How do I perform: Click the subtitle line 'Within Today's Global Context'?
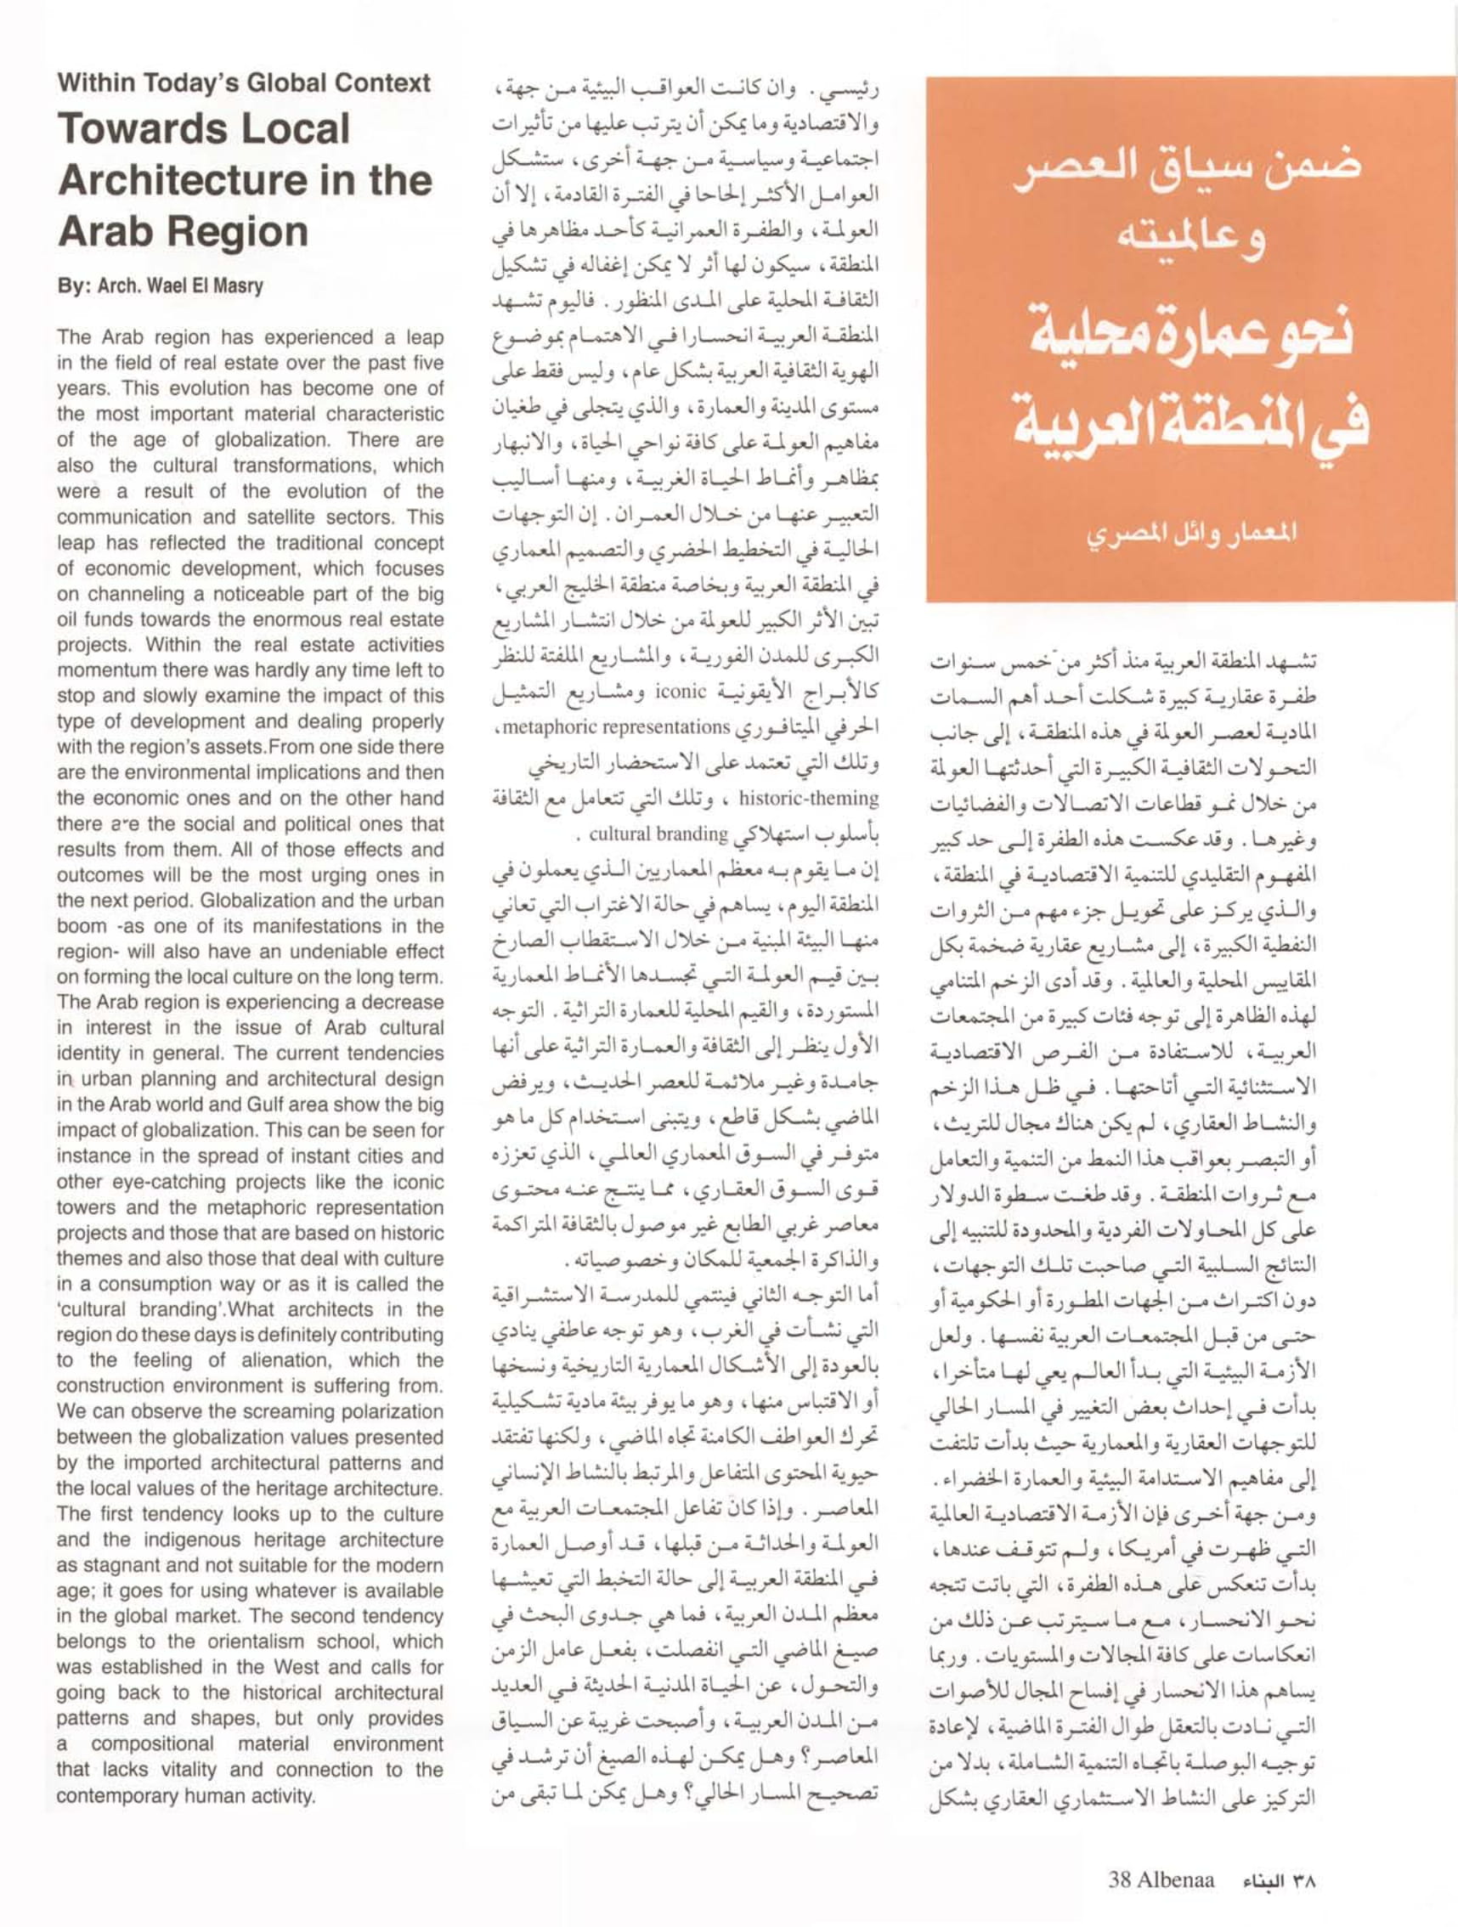click(x=244, y=83)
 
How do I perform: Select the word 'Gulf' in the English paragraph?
click(x=227, y=1105)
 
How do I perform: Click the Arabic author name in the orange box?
click(x=1190, y=530)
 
